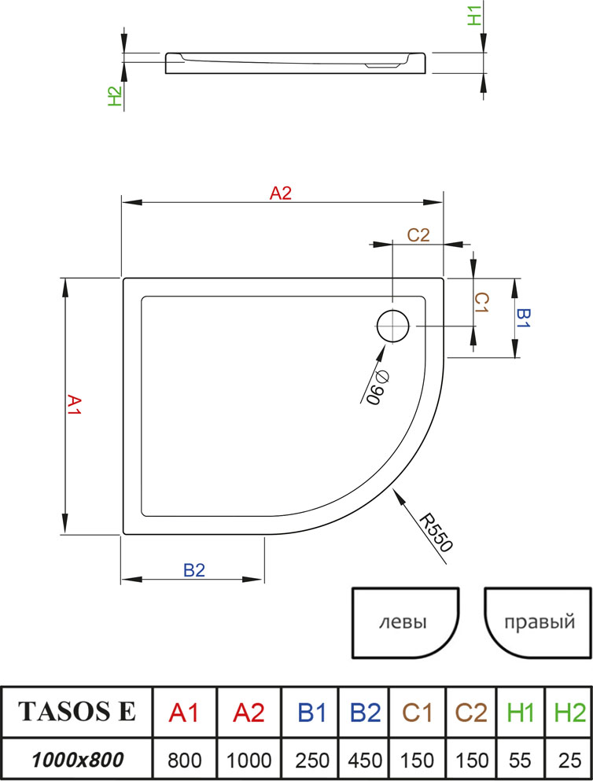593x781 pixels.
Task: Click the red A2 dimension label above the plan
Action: pos(280,193)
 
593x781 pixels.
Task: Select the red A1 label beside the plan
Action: pos(74,404)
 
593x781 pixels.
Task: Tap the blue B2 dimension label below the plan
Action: pos(194,569)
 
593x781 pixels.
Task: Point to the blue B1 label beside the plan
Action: pos(523,319)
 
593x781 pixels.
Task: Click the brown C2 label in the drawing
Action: pos(418,234)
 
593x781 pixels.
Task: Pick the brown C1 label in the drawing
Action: pos(481,302)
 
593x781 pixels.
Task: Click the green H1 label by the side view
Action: pos(475,16)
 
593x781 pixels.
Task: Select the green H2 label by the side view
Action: pos(115,96)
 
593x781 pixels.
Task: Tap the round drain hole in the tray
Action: pos(393,326)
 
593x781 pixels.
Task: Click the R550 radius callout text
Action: pos(436,533)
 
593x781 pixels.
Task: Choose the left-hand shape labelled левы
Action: pos(405,623)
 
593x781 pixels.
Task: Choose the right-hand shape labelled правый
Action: pos(538,623)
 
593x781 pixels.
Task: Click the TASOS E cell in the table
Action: pos(77,711)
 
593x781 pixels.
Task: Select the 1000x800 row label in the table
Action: pos(77,760)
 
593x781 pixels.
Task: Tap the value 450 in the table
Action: pos(365,761)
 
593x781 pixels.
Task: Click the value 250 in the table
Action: pos(312,761)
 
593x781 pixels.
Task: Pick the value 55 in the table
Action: pos(521,761)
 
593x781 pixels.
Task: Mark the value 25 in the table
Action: pos(570,761)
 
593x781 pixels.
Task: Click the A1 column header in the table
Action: pos(184,713)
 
